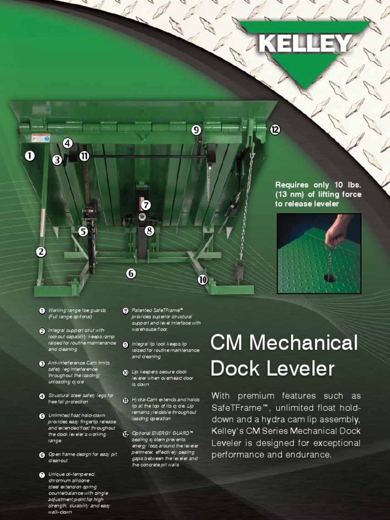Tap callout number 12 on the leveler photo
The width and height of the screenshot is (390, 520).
point(275,130)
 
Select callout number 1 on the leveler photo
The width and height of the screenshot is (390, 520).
point(30,156)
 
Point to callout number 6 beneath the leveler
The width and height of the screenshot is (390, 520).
point(131,274)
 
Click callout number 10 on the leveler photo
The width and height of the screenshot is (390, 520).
point(203,280)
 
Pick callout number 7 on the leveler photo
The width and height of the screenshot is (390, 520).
point(146,205)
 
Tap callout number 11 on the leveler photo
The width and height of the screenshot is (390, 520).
point(84,156)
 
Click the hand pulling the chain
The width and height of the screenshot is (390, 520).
point(337,232)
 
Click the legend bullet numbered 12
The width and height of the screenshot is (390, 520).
point(125,433)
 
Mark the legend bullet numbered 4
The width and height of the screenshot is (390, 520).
point(42,396)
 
